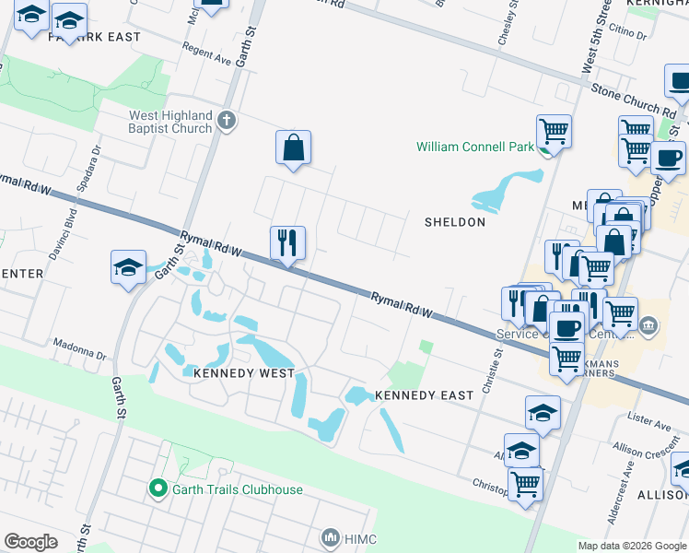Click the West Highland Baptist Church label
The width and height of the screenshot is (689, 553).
170,122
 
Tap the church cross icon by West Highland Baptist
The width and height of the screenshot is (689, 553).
226,119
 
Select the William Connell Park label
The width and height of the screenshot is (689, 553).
474,147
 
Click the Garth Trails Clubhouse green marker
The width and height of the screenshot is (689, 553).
158,488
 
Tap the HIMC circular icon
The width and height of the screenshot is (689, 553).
331,537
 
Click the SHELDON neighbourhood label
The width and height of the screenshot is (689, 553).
454,222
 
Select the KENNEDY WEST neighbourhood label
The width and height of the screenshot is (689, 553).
244,373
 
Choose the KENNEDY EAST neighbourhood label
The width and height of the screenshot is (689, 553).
425,394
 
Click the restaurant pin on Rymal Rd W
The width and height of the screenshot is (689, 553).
287,243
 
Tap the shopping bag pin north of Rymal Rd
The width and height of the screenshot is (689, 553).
293,147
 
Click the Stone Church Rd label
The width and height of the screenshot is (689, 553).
635,102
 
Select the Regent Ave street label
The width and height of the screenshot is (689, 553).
206,53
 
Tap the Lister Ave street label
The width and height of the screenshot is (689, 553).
649,422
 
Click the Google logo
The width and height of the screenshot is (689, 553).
31,541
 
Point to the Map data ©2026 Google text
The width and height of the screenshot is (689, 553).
631,546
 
